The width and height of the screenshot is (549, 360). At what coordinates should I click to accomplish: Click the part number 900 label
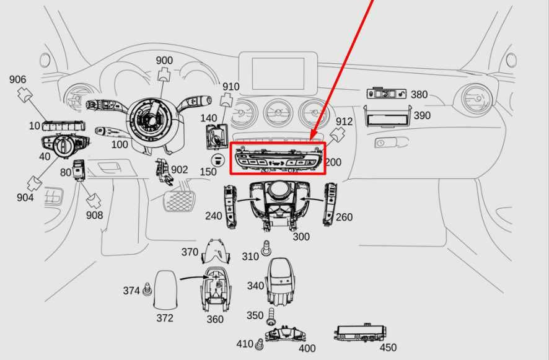pyautogui.click(x=164, y=60)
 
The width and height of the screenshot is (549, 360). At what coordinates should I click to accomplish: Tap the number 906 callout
pyautogui.click(x=17, y=79)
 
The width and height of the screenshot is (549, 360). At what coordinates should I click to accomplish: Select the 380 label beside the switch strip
pyautogui.click(x=419, y=95)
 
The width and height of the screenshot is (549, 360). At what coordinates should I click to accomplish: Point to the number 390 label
pyautogui.click(x=422, y=116)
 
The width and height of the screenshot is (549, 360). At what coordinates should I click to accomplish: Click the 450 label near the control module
pyautogui.click(x=389, y=348)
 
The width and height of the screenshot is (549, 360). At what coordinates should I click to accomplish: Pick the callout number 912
pyautogui.click(x=344, y=121)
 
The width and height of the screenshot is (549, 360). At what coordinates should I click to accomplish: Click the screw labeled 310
pyautogui.click(x=266, y=248)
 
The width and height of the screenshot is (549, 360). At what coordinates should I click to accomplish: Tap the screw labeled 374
pyautogui.click(x=147, y=289)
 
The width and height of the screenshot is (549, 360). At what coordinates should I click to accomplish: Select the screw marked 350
pyautogui.click(x=271, y=316)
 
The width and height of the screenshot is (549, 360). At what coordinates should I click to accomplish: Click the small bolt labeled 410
pyautogui.click(x=260, y=344)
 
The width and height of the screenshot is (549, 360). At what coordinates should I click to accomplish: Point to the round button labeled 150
pyautogui.click(x=217, y=160)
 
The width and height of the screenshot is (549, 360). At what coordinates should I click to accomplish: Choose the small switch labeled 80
pyautogui.click(x=79, y=170)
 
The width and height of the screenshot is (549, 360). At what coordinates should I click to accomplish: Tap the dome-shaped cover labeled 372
pyautogui.click(x=166, y=289)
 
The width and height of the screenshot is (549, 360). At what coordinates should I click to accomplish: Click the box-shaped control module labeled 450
pyautogui.click(x=361, y=332)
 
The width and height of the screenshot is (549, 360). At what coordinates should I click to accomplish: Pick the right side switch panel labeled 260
pyautogui.click(x=330, y=203)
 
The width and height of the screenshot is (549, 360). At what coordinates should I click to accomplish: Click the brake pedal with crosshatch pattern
pyautogui.click(x=178, y=201)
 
